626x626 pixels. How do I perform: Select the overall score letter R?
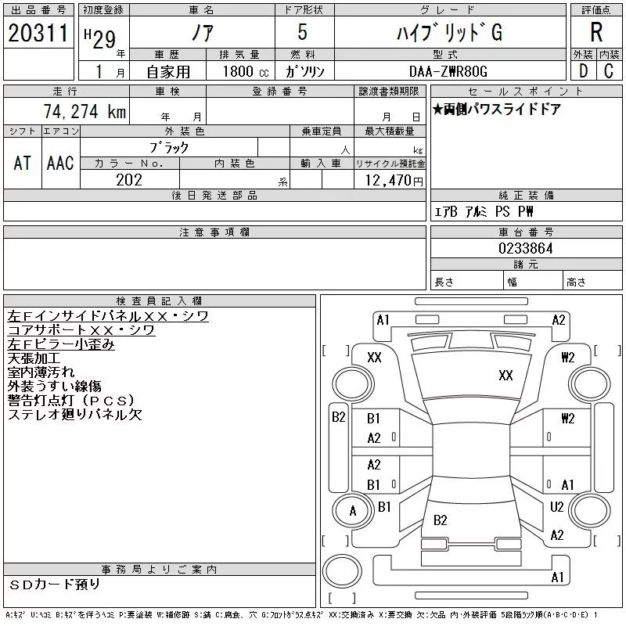[x=595, y=34]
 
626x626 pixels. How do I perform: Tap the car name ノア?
[x=201, y=34]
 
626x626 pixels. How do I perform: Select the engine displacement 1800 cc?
[x=239, y=71]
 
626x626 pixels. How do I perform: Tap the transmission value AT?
[x=22, y=163]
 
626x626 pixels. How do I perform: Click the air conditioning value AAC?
[x=60, y=163]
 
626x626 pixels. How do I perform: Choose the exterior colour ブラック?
[x=169, y=147]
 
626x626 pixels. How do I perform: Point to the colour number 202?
[x=129, y=180]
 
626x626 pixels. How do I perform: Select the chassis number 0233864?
[x=526, y=248]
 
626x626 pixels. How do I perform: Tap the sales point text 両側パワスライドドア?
[x=501, y=110]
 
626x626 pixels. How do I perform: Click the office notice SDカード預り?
[x=55, y=585]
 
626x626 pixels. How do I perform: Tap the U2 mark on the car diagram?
[x=557, y=507]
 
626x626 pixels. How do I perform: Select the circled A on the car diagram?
[x=352, y=512]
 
